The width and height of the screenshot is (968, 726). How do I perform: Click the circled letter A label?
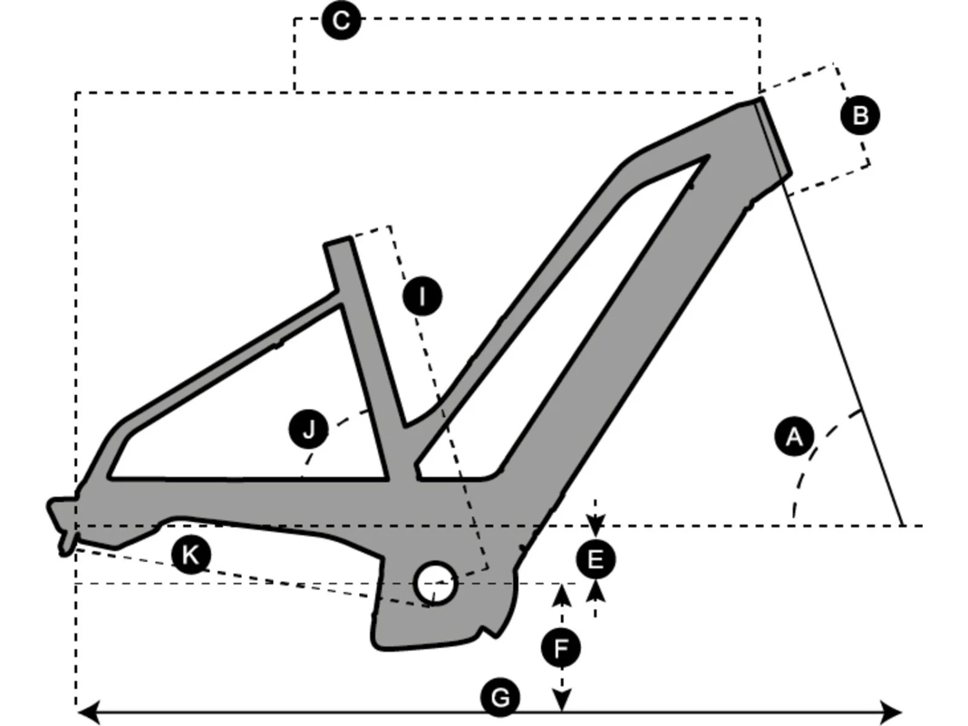point(793,437)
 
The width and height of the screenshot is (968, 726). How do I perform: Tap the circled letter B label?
point(860,116)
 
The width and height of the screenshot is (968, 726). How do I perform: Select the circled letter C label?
point(341,21)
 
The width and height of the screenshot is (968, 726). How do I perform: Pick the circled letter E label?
point(595,559)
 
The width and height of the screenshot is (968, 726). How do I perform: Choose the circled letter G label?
point(500,697)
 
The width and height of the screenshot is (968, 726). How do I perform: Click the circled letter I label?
point(422,297)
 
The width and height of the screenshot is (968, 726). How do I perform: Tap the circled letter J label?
point(309,429)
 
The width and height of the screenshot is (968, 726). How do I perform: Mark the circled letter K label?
point(191,554)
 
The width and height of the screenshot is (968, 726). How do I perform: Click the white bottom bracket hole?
point(436,582)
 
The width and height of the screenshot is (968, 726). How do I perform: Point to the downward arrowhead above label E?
point(595,523)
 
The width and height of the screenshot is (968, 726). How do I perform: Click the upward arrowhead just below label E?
point(595,590)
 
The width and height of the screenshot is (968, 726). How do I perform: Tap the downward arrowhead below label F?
point(562,700)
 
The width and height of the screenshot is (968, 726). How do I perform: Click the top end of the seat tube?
point(337,242)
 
